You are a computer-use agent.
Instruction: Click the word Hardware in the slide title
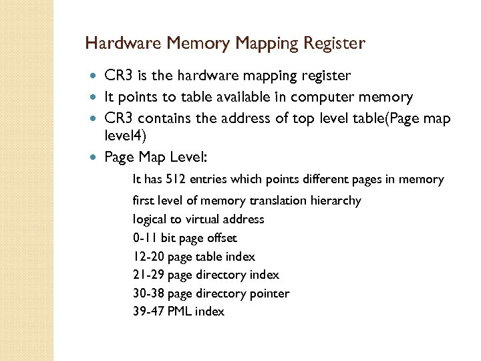point(124,44)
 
